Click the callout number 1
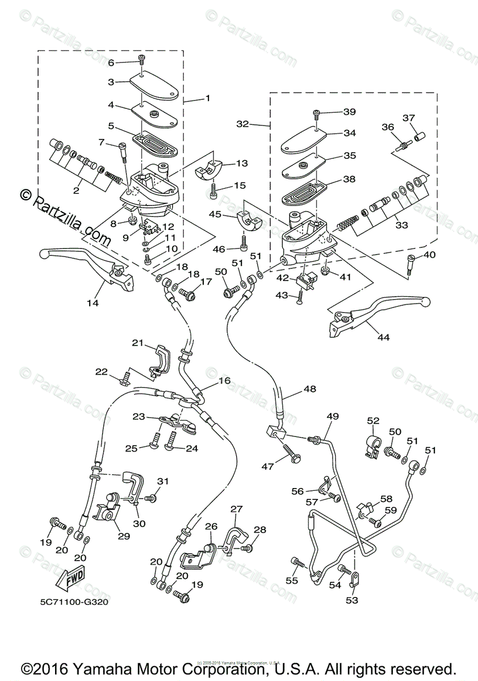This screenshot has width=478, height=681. [x=207, y=98]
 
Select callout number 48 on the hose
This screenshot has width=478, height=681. [x=309, y=389]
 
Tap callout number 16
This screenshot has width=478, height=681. [x=225, y=380]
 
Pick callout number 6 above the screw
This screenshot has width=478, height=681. [x=111, y=62]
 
